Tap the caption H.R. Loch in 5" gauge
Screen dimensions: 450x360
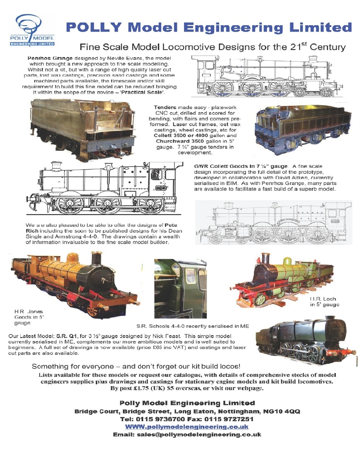(324, 301)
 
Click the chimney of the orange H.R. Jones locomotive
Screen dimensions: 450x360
(95, 260)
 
